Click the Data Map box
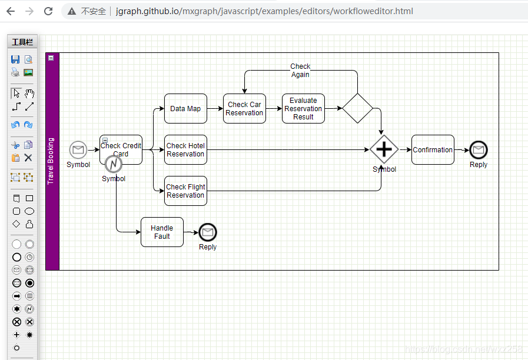185,109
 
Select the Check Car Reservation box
244,109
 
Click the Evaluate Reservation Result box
303,109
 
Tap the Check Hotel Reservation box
185,150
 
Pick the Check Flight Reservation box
185,191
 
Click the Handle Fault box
162,232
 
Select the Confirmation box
433,150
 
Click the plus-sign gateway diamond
384,150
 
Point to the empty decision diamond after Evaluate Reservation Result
358,109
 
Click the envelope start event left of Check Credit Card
78,150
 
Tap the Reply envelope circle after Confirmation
479,150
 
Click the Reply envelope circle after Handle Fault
208,232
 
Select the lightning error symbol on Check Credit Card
114,164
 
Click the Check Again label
300,71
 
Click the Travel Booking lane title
51,161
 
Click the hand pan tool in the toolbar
29,94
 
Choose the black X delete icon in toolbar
28,158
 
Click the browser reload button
48,11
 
